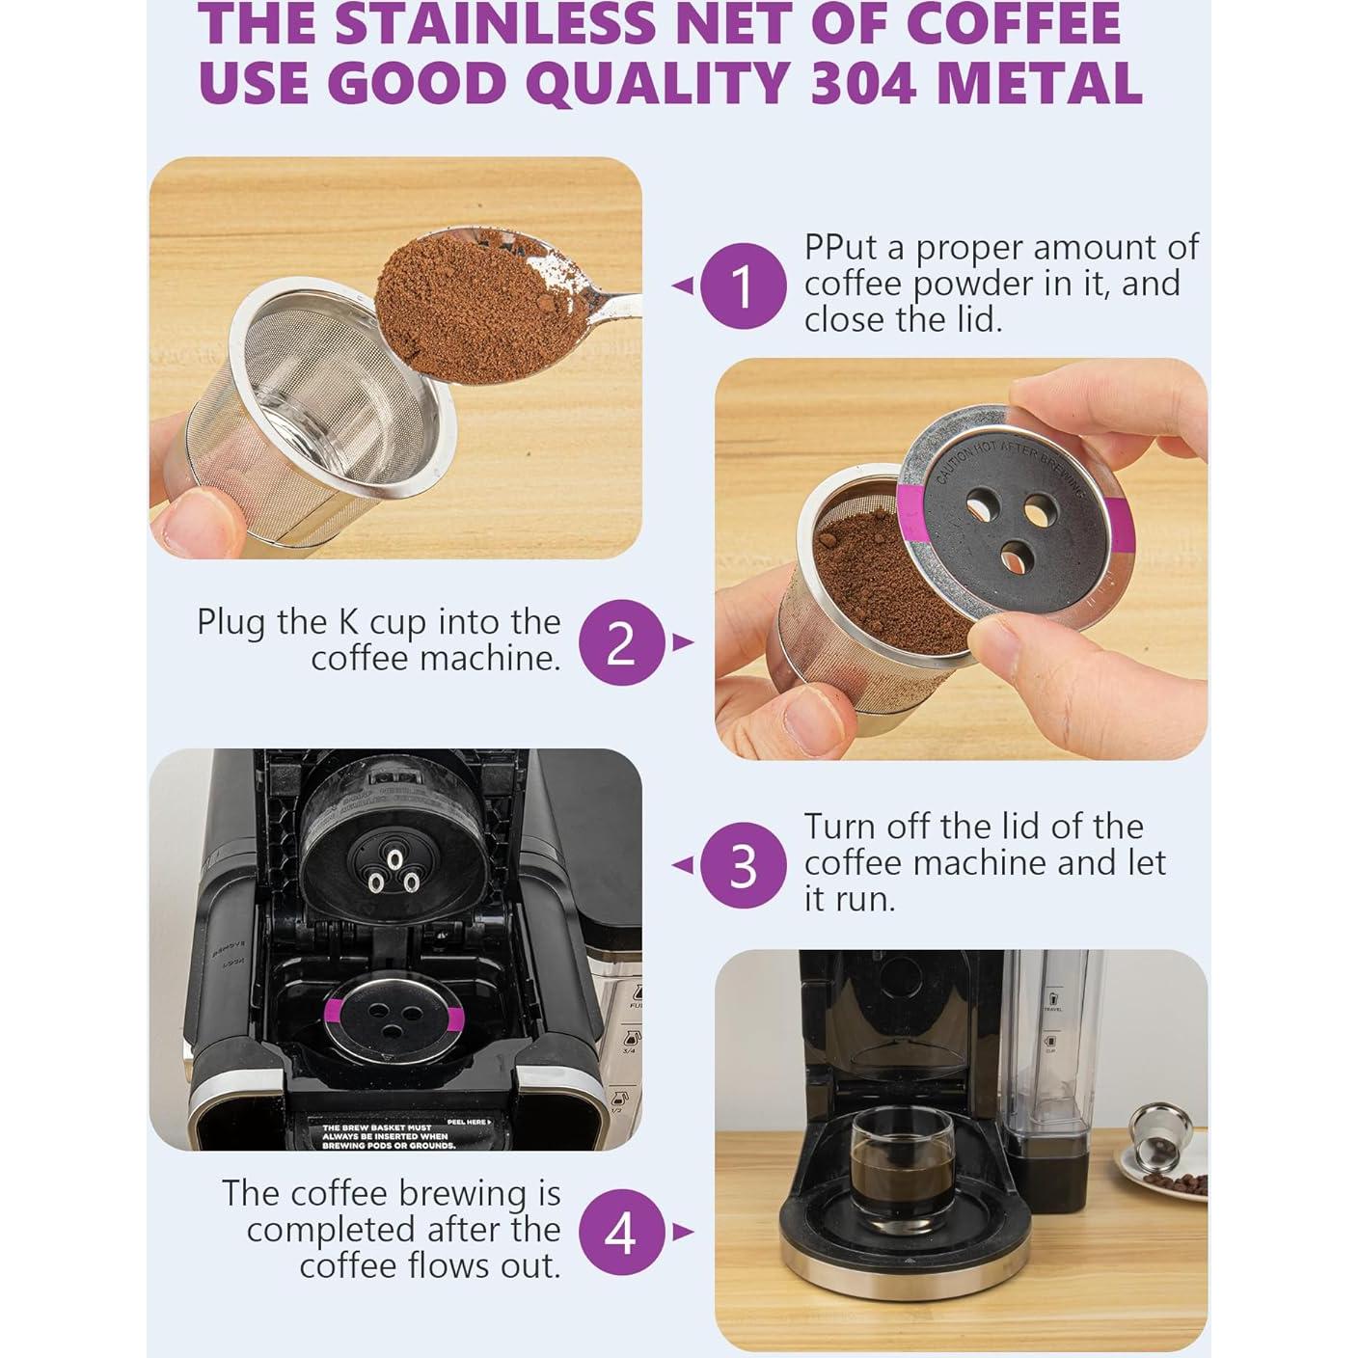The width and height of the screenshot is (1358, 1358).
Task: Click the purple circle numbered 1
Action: point(742,285)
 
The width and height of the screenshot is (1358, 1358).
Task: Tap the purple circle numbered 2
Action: point(621,642)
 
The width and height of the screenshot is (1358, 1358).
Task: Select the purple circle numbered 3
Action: point(742,865)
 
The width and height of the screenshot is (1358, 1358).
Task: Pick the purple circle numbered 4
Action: point(621,1232)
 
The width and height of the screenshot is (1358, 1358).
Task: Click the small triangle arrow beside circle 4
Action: point(683,1232)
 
